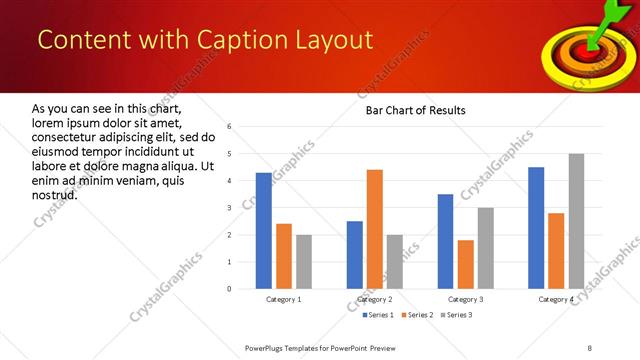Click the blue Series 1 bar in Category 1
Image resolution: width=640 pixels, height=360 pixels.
[x=263, y=231]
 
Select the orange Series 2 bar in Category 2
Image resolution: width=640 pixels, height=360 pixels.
[x=375, y=229]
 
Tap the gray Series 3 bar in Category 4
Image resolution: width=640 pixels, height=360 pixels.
[x=576, y=221]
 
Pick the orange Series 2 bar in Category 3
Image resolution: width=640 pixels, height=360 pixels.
[x=465, y=264]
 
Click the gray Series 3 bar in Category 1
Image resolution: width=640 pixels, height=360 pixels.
[x=304, y=262]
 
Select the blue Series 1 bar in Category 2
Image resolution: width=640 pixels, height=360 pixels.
[x=355, y=255]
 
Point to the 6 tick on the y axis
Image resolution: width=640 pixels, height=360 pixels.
[x=230, y=127]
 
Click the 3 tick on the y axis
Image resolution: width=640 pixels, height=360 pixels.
[x=230, y=208]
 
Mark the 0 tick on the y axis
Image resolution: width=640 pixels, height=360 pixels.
[x=230, y=289]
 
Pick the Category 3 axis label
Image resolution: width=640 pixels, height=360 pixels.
[x=465, y=299]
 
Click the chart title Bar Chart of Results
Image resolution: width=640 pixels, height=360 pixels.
[x=415, y=110]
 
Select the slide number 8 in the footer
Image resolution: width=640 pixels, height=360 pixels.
[x=589, y=347]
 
